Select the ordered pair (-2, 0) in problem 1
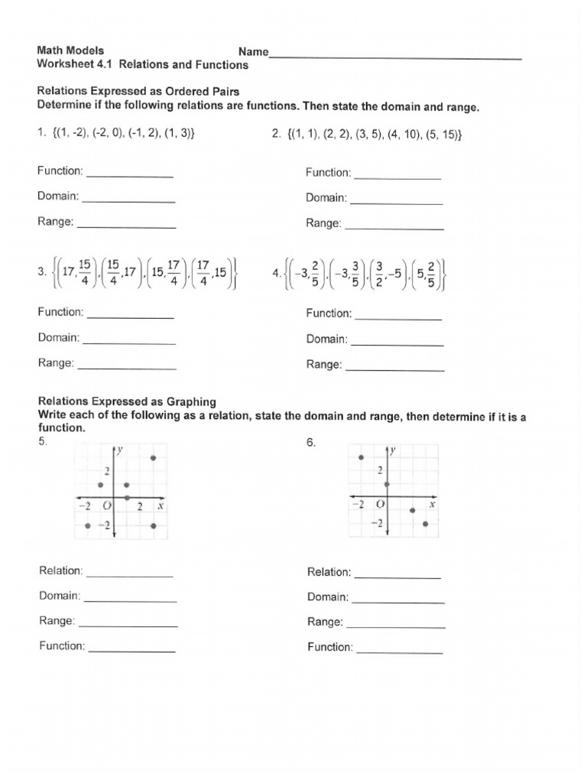(x=111, y=132)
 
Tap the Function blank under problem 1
(x=130, y=174)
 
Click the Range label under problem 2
(x=323, y=223)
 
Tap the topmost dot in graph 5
(x=154, y=458)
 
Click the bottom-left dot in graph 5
(x=88, y=526)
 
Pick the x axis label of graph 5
(x=161, y=506)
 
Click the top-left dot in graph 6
(x=361, y=457)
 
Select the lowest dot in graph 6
(x=426, y=524)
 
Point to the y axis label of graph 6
(x=394, y=451)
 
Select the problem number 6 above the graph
(x=310, y=443)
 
